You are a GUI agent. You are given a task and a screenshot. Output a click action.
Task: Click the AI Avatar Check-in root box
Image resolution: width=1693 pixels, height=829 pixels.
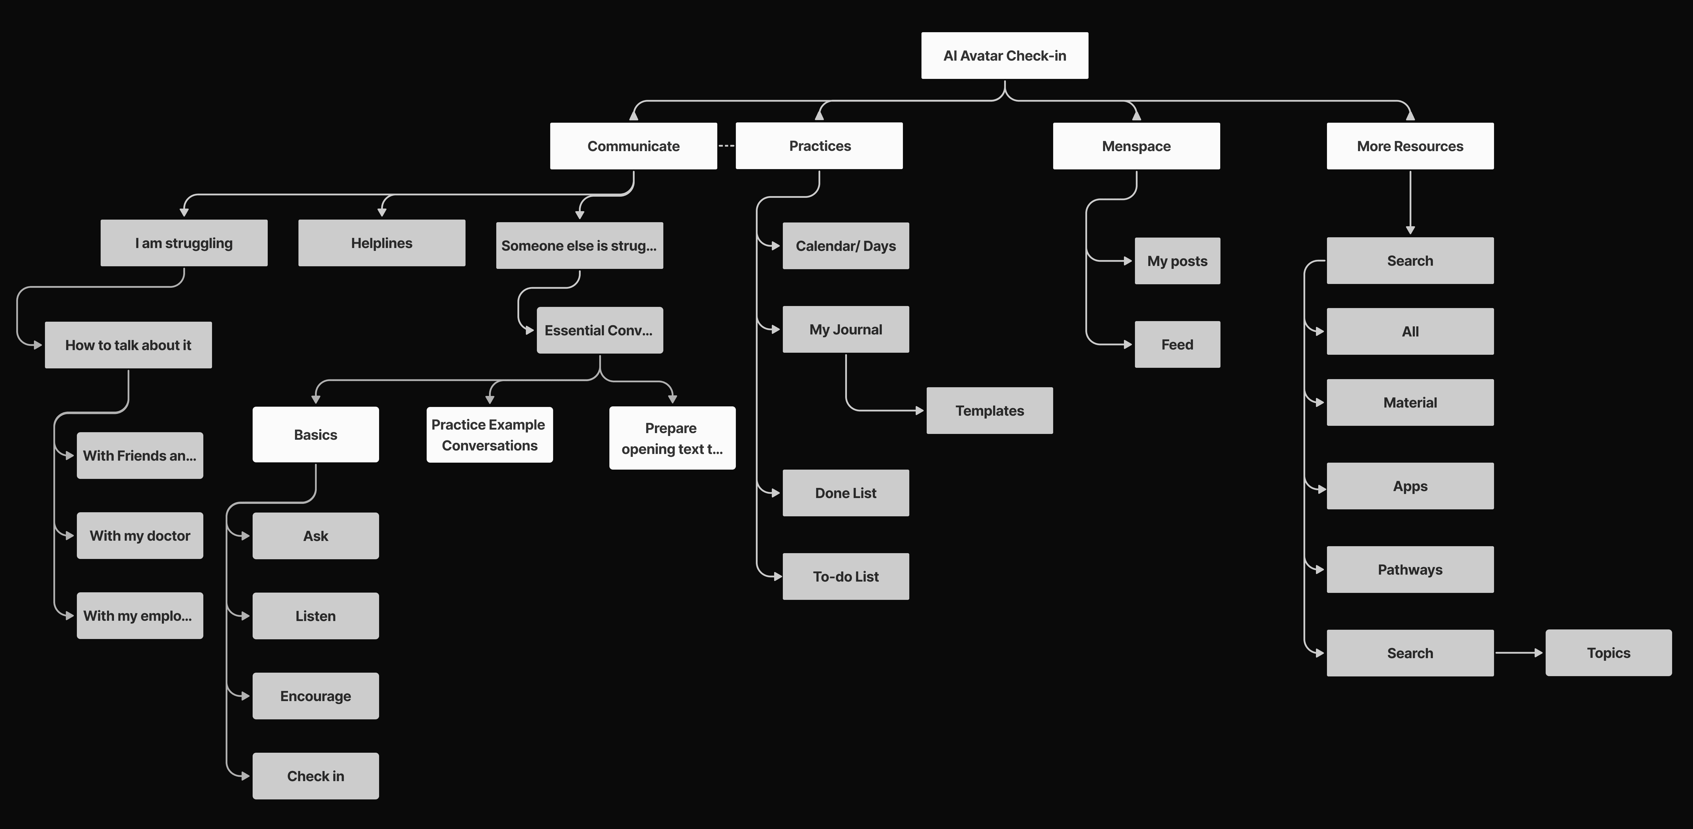1004,56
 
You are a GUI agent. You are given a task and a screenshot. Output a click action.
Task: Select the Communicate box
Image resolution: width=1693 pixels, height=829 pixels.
633,146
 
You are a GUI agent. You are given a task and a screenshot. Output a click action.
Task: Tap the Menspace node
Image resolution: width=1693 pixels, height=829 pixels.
1136,146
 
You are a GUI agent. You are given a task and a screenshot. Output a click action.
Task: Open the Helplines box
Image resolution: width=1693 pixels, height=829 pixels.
381,243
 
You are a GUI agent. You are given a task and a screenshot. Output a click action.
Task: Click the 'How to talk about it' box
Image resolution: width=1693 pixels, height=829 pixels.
128,345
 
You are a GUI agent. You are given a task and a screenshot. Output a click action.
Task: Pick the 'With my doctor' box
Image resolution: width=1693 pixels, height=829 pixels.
139,536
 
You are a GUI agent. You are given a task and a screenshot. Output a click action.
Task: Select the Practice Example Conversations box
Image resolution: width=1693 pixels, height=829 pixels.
489,435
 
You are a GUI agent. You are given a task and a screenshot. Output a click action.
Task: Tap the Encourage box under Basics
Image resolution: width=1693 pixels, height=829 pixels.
316,696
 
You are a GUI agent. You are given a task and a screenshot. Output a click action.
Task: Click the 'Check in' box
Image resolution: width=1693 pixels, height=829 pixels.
316,776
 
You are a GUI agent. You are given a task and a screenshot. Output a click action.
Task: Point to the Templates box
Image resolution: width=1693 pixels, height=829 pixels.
989,411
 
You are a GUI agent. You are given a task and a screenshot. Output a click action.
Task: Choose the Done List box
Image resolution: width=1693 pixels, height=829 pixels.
845,493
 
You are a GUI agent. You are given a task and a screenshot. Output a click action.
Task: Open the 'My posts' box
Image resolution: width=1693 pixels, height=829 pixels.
1177,261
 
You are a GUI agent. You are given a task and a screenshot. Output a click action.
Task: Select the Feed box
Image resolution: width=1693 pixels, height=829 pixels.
1177,345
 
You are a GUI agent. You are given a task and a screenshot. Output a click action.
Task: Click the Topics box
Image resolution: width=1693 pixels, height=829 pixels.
1608,653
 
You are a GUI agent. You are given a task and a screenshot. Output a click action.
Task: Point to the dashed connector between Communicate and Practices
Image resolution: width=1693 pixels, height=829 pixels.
726,146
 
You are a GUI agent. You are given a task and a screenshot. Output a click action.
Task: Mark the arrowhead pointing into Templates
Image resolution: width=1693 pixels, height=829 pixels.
920,411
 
